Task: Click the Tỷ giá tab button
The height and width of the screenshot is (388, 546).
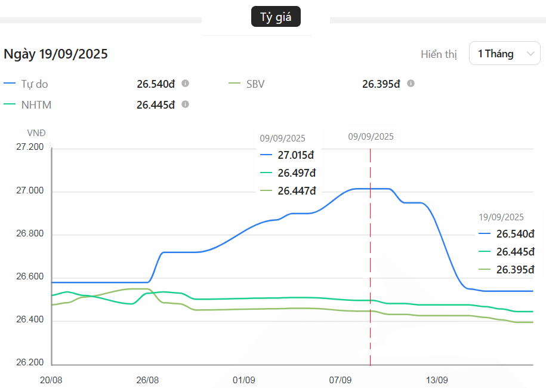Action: pyautogui.click(x=276, y=17)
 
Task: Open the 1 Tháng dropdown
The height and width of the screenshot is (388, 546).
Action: pyautogui.click(x=505, y=54)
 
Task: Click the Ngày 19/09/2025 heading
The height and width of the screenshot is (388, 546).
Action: pyautogui.click(x=56, y=54)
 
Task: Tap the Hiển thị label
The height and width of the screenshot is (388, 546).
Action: pyautogui.click(x=439, y=54)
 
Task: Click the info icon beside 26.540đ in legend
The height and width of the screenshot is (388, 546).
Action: pyautogui.click(x=186, y=84)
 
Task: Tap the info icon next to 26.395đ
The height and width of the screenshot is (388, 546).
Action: pyautogui.click(x=411, y=84)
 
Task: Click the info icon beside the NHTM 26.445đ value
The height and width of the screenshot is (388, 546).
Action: pyautogui.click(x=186, y=104)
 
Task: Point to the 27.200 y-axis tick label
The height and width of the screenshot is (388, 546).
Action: pyautogui.click(x=30, y=147)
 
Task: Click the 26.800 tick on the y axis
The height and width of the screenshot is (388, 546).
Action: pyautogui.click(x=30, y=234)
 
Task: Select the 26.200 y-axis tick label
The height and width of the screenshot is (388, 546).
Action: pyautogui.click(x=30, y=363)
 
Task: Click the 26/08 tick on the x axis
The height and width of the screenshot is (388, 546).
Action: pyautogui.click(x=147, y=380)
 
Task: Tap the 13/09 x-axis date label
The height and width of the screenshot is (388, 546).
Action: pyautogui.click(x=437, y=380)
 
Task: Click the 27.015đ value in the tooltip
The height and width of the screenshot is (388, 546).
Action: pyautogui.click(x=296, y=155)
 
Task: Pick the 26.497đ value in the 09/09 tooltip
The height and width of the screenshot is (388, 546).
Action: pyautogui.click(x=296, y=173)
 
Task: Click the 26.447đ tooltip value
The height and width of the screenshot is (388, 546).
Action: pyautogui.click(x=296, y=191)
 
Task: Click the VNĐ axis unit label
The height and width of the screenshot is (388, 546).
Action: pyautogui.click(x=36, y=133)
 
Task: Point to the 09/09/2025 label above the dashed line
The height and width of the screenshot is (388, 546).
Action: pyautogui.click(x=371, y=136)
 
